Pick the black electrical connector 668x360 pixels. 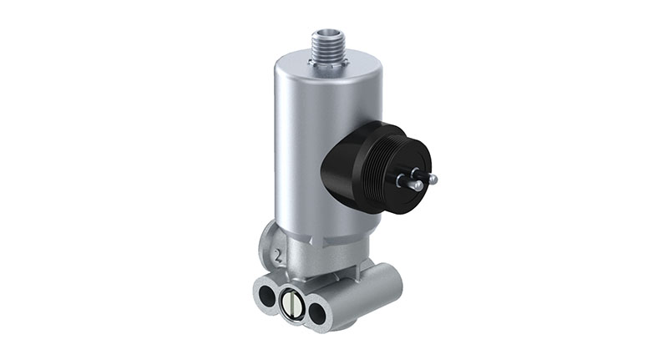(x=376, y=172)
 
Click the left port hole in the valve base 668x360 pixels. (x=266, y=296)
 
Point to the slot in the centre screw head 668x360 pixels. (x=293, y=304)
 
